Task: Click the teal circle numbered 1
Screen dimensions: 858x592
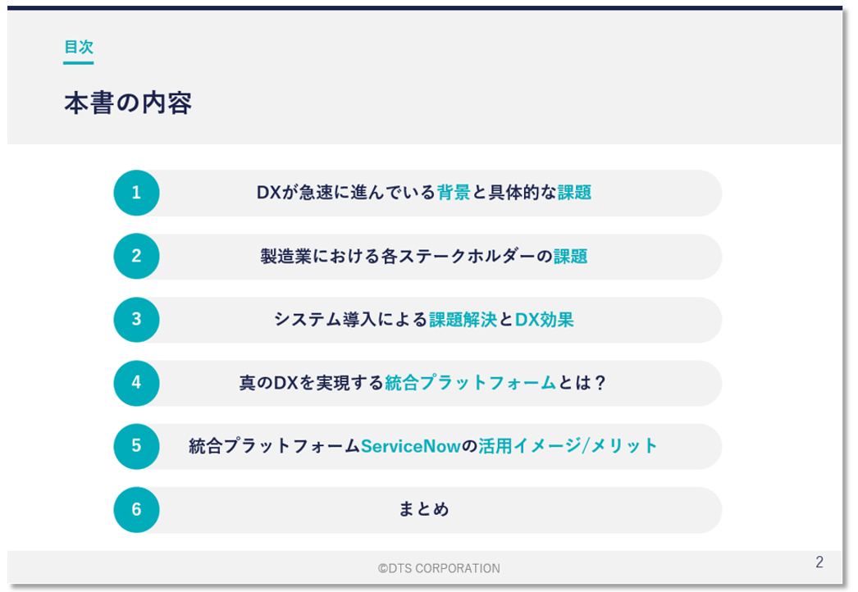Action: [x=136, y=193]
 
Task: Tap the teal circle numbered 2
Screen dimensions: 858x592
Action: [x=136, y=256]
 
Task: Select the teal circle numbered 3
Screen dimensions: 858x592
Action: [x=136, y=320]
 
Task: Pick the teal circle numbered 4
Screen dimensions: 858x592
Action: [x=136, y=383]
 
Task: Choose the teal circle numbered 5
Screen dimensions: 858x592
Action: [x=136, y=447]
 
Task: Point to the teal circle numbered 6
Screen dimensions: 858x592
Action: [x=136, y=510]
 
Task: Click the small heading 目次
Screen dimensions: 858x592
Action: [x=79, y=47]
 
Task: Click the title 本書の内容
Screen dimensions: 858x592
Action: [x=128, y=102]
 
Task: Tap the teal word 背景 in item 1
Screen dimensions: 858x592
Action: [x=454, y=193]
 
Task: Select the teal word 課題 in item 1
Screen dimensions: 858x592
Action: [x=574, y=193]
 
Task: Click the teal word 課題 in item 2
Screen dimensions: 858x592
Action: [x=571, y=256]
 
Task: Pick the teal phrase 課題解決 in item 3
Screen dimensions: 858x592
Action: [x=463, y=320]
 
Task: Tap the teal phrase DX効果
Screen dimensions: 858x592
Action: [x=545, y=320]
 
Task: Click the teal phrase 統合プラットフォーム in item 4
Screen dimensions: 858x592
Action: [x=471, y=383]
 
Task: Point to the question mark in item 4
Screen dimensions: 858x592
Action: [x=600, y=383]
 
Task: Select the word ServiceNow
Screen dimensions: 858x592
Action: [x=411, y=447]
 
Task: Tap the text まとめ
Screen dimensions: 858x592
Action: [x=424, y=509]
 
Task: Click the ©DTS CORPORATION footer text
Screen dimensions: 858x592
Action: [x=439, y=568]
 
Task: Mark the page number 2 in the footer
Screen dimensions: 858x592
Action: [x=819, y=562]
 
